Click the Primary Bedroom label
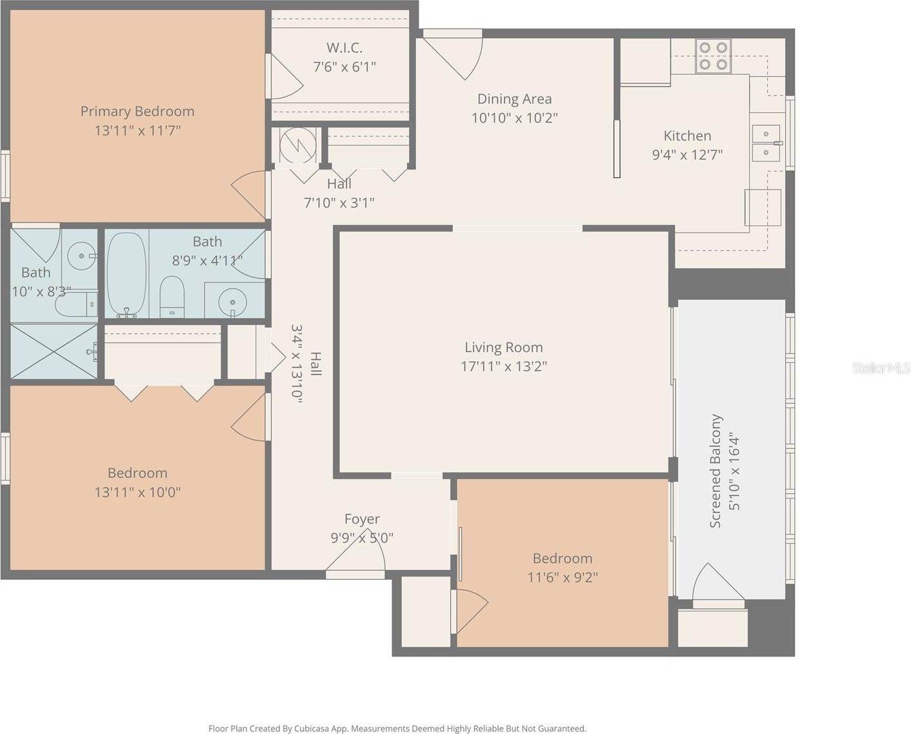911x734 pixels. (137, 112)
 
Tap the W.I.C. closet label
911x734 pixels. (344, 48)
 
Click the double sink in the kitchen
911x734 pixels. (766, 143)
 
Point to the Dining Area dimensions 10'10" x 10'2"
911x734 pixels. (514, 117)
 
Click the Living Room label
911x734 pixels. (504, 347)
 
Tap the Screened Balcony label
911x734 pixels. (716, 471)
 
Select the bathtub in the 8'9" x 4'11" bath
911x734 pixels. (126, 274)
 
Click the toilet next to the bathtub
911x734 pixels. (172, 297)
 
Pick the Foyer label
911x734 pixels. (362, 519)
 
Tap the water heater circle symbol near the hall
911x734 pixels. (298, 144)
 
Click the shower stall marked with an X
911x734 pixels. (54, 351)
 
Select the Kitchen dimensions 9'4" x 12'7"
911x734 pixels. (687, 155)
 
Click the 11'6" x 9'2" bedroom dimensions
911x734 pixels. (563, 577)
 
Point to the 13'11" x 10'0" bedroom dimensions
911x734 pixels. (137, 492)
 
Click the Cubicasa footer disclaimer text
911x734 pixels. (397, 728)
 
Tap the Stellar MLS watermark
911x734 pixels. (881, 368)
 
